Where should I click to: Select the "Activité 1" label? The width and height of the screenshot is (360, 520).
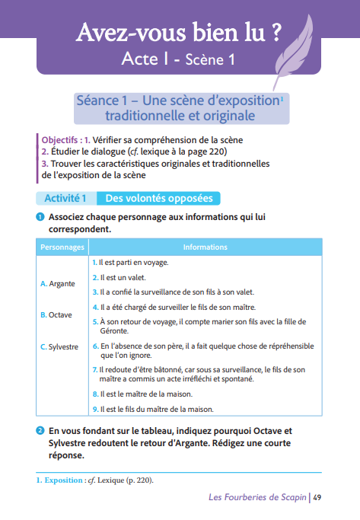(x=65, y=198)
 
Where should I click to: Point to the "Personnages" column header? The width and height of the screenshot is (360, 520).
(x=62, y=247)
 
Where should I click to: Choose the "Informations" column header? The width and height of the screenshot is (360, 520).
(x=205, y=247)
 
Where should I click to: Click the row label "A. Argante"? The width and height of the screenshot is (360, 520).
(x=57, y=283)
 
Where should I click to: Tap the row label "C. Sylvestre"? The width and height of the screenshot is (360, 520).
(x=59, y=346)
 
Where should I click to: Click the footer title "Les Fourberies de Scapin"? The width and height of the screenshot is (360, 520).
(x=256, y=498)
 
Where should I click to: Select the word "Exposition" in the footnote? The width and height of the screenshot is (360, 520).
(x=63, y=480)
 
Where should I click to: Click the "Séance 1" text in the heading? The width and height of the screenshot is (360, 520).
(x=103, y=100)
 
